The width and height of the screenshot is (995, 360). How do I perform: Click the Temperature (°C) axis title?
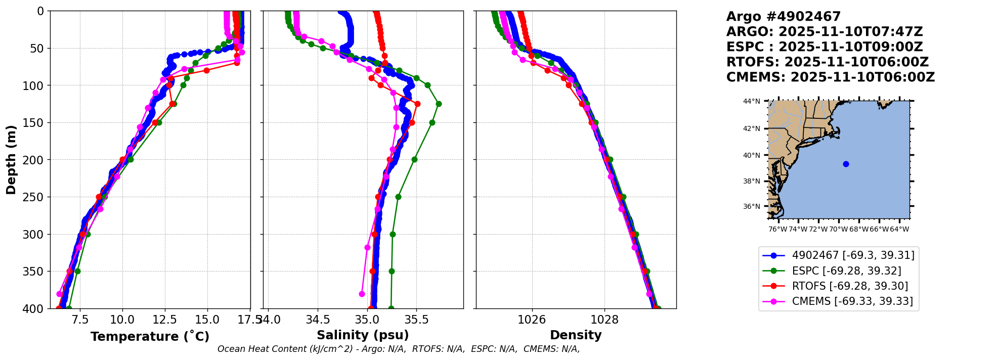coord(150,336)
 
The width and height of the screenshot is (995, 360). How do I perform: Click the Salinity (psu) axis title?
coord(363,335)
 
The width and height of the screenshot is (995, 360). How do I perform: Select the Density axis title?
coord(576,335)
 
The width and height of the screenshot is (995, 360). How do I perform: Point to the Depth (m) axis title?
coord(11,160)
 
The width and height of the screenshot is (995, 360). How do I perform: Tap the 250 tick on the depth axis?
coord(37,197)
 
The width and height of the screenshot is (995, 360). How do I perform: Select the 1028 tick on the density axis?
coord(604,320)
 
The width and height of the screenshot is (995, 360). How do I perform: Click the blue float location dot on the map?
coord(846,164)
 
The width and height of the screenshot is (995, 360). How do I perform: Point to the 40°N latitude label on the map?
coord(751,155)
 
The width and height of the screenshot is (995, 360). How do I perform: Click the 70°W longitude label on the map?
coord(838,229)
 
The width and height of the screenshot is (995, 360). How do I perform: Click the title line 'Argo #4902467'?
coord(784,17)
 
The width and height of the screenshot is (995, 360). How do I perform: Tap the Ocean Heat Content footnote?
coord(399,349)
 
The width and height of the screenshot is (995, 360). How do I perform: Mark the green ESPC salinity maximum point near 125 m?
coord(439,104)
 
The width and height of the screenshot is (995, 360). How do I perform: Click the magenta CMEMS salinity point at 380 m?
coord(362,294)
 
